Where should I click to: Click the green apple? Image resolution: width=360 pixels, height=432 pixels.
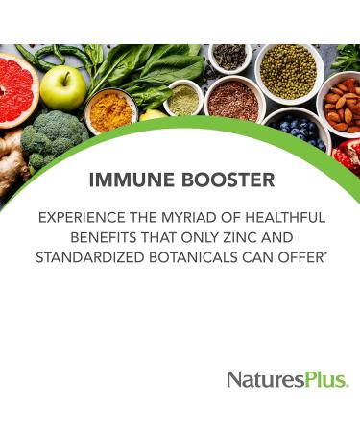click(x=64, y=88)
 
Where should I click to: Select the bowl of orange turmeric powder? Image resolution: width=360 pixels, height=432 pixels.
click(x=111, y=110)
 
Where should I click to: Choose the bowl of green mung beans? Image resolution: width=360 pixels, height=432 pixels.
click(x=287, y=70)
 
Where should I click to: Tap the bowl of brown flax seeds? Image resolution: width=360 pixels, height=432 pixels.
click(x=232, y=100)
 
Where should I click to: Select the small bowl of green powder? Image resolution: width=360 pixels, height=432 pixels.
click(x=182, y=99)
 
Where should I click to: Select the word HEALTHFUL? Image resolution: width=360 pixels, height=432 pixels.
click(x=283, y=218)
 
